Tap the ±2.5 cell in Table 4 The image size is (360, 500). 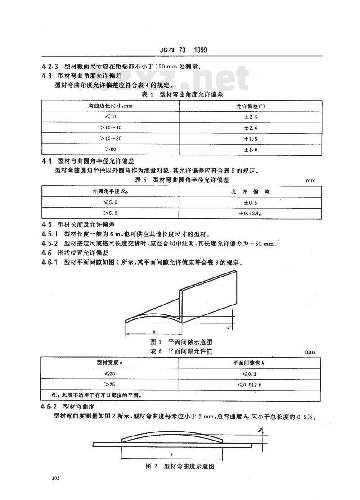(x=251, y=117)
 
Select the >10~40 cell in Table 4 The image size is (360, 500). (x=110, y=127)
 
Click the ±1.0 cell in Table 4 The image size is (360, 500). (x=251, y=150)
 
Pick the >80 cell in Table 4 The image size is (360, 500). (x=110, y=149)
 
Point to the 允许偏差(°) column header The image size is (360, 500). (x=251, y=106)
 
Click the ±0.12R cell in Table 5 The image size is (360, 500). (x=250, y=214)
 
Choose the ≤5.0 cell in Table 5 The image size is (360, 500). (x=110, y=202)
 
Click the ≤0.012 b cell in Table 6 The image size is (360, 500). (x=249, y=385)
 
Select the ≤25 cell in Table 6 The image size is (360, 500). (x=110, y=373)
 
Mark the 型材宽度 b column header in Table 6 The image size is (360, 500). (x=110, y=363)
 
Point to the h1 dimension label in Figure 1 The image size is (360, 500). (x=229, y=326)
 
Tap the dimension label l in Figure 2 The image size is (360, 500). (x=171, y=455)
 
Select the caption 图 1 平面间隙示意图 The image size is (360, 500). (x=181, y=342)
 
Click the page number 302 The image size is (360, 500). (x=55, y=478)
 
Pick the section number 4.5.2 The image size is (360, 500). (x=49, y=244)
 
